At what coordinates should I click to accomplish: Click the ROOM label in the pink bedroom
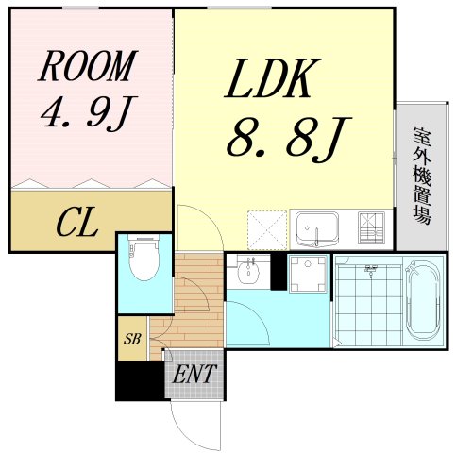point(88,66)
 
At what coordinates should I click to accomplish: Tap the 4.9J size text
point(89,113)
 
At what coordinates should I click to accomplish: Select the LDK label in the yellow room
point(273,78)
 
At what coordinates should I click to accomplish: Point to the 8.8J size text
point(289,140)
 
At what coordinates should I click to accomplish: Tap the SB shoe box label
point(132,339)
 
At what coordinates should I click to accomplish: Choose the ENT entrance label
point(194,374)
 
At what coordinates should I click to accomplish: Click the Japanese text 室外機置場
point(422,176)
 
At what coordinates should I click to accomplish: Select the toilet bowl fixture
point(144,258)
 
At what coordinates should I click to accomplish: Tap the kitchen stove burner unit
point(371,228)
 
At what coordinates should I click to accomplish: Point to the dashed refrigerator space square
point(267,230)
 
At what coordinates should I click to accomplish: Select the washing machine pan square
point(309,274)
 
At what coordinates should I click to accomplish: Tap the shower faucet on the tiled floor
point(371,270)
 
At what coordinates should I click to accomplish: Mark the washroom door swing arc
point(258,314)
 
